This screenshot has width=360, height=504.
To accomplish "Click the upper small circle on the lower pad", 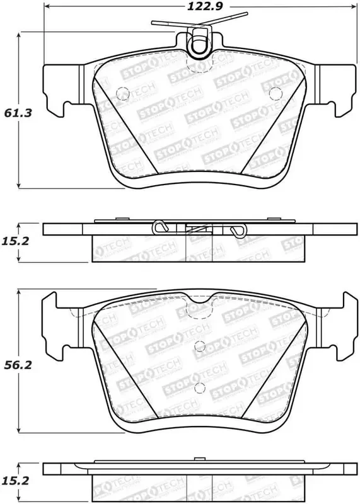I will [199, 345].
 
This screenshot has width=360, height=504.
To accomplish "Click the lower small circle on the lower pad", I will [199, 387].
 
